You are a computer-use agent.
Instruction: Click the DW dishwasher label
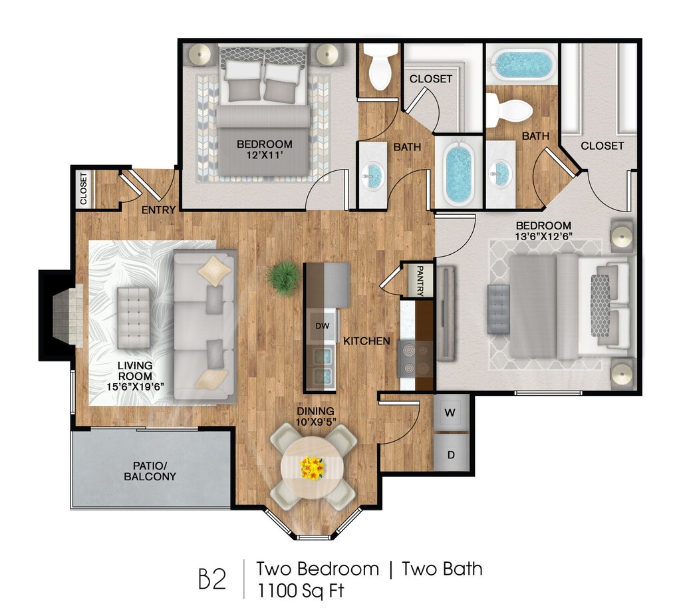tap(323, 326)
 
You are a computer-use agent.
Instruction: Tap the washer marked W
tap(450, 412)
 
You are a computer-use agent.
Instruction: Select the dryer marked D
tap(452, 454)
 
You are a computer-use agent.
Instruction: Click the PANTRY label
tap(420, 281)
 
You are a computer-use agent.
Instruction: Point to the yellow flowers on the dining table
tap(312, 468)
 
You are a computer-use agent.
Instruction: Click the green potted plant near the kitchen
tap(284, 278)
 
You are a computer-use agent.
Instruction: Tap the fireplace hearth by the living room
tap(68, 315)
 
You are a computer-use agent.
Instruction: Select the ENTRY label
tap(158, 210)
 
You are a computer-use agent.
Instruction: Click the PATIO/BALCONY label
tap(150, 471)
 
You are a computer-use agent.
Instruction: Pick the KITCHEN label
tap(366, 341)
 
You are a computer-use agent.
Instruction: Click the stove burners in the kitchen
tap(415, 359)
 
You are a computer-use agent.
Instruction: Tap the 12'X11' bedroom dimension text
tap(265, 155)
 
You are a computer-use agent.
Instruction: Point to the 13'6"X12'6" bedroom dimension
tap(543, 236)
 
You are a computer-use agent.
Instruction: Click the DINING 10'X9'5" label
tap(316, 416)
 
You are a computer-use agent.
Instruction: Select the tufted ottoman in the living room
tap(134, 317)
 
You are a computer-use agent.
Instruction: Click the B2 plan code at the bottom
tap(212, 578)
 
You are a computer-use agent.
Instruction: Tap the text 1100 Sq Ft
tap(301, 590)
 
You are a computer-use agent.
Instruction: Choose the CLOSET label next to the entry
tap(83, 188)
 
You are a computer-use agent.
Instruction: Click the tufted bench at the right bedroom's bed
tap(499, 309)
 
